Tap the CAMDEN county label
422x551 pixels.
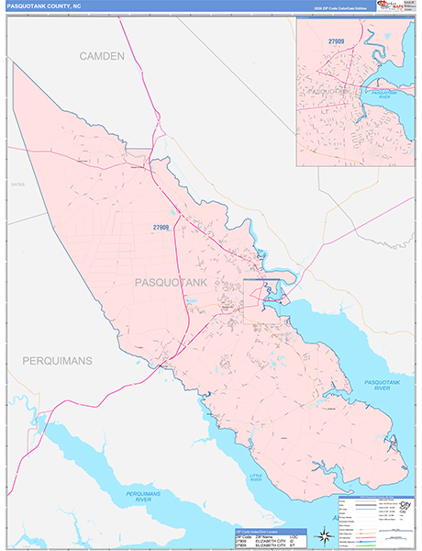(101, 57)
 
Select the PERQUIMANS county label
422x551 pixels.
(58, 361)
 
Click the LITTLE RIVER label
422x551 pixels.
(256, 477)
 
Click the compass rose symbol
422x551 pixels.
(323, 535)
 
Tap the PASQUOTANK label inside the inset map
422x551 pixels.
(328, 93)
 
